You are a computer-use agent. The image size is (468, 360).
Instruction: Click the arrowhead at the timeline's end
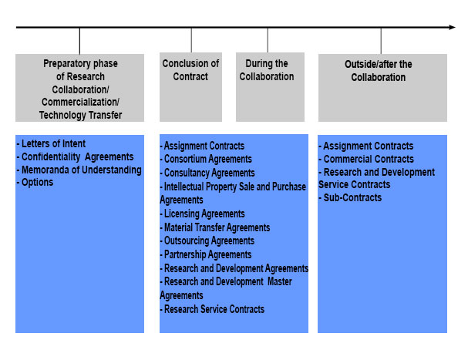452,27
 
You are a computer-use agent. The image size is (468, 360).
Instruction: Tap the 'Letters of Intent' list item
51,143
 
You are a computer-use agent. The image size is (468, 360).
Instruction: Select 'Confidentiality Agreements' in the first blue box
76,156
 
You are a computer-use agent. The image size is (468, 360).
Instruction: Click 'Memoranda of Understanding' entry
79,170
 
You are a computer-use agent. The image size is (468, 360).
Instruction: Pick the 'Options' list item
35,183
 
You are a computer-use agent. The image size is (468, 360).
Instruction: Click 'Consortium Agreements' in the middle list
206,159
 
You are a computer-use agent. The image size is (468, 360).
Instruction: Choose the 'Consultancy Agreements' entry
207,173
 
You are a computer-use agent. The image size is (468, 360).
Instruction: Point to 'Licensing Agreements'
202,214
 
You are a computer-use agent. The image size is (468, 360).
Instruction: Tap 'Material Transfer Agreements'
215,227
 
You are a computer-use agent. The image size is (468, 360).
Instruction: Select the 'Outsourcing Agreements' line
207,241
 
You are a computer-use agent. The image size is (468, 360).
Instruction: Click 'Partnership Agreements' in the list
206,254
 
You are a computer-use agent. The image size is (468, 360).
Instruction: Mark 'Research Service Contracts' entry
212,309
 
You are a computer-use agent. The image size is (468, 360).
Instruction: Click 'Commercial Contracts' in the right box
366,159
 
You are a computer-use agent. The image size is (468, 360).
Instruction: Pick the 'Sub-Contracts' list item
350,197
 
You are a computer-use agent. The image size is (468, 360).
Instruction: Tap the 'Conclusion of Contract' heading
190,70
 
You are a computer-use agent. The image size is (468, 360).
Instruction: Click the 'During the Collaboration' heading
267,70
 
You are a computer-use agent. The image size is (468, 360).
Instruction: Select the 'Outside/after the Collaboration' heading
378,71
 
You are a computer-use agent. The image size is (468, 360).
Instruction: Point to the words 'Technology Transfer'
81,115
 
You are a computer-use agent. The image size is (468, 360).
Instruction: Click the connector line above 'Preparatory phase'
79,41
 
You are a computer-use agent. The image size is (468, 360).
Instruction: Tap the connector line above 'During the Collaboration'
268,41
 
